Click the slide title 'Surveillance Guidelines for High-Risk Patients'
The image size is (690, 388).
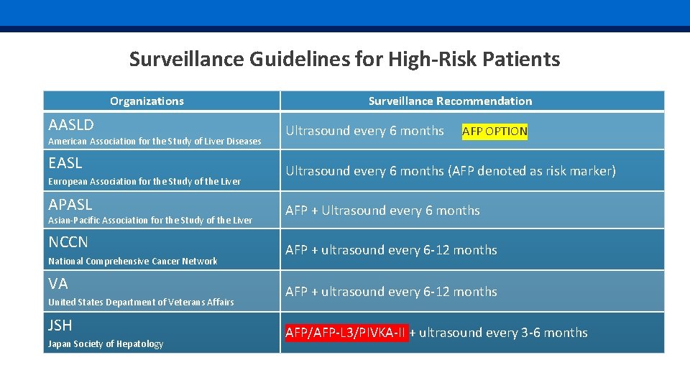[x=344, y=59]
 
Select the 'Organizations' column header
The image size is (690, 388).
[x=147, y=101]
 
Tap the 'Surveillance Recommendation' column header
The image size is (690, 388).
[x=450, y=101]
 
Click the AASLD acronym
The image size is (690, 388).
[x=70, y=124]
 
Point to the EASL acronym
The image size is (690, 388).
[x=65, y=163]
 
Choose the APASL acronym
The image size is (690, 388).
[x=70, y=204]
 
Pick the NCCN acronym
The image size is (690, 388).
[x=68, y=242]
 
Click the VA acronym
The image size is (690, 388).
[x=57, y=284]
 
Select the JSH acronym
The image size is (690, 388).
[x=60, y=325]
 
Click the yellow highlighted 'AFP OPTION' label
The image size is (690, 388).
[x=494, y=131]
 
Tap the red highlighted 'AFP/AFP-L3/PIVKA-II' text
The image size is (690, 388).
[x=346, y=333]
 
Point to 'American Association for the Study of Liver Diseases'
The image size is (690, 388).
[x=155, y=142]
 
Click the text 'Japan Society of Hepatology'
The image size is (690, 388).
[x=106, y=344]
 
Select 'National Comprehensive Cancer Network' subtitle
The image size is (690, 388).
[x=132, y=262]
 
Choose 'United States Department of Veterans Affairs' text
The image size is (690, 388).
[x=141, y=302]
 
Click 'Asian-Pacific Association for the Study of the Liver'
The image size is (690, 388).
[x=150, y=221]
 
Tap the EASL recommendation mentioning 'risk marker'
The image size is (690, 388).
[x=451, y=171]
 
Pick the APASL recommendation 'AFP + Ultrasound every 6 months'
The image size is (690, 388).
[x=382, y=211]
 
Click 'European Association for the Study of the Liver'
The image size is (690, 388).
[x=144, y=182]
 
